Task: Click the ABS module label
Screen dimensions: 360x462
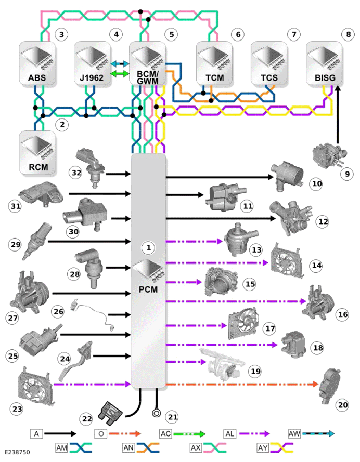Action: click(37, 78)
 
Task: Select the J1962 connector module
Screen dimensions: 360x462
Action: click(92, 63)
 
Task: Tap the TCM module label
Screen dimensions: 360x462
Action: click(215, 78)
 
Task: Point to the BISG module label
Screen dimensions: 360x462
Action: click(325, 78)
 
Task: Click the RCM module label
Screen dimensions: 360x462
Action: click(38, 167)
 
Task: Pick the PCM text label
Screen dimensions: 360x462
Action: click(148, 289)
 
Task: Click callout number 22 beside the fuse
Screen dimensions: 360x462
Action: click(87, 419)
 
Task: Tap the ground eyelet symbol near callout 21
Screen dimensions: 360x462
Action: click(156, 413)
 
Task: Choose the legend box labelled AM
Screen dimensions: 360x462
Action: click(61, 448)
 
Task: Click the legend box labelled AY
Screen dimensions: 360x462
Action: click(263, 448)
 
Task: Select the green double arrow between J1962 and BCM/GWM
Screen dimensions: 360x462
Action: click(120, 74)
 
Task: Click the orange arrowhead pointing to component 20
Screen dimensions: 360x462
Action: click(315, 384)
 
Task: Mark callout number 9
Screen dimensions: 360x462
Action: click(347, 174)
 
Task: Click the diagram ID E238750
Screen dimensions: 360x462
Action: click(17, 452)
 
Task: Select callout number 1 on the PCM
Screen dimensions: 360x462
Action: click(148, 247)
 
